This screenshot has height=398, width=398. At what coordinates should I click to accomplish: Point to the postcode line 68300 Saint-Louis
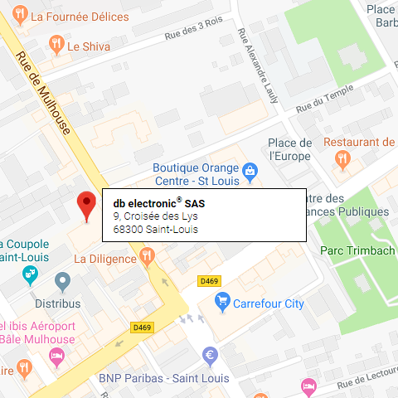pos(156,229)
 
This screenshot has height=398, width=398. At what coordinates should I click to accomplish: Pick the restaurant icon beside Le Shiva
pos(56,46)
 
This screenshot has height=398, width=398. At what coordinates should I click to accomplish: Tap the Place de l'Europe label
pos(290,148)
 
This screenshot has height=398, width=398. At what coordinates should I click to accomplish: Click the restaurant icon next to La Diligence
pos(148,259)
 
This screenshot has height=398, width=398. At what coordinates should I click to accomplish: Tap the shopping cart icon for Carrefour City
pos(221,303)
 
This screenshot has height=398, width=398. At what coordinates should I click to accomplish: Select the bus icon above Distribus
pos(62,280)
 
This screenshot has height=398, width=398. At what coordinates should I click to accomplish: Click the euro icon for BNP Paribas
pos(210,357)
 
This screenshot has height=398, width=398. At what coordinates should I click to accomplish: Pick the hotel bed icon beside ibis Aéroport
pos(56,356)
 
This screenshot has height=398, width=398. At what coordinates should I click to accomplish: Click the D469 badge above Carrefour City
pos(208,282)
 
